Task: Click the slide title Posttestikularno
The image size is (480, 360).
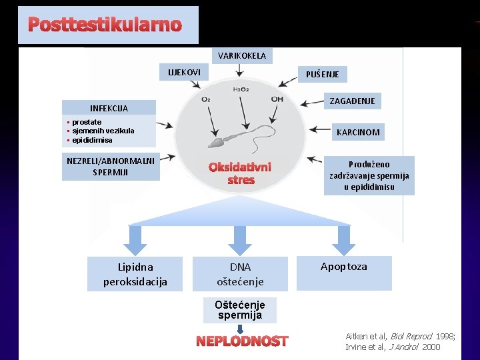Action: click(105, 25)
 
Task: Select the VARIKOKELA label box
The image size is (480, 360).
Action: click(241, 56)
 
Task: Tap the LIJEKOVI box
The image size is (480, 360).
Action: click(183, 71)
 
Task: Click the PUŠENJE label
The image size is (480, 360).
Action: click(322, 75)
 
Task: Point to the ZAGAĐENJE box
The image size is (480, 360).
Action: click(352, 101)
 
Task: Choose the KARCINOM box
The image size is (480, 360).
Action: click(358, 132)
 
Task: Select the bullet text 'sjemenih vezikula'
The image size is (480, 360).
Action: click(103, 131)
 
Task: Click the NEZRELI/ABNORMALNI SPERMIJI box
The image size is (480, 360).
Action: click(111, 166)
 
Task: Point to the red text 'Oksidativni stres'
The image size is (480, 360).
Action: click(240, 173)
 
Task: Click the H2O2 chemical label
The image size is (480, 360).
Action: click(241, 89)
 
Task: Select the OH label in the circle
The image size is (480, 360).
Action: click(277, 99)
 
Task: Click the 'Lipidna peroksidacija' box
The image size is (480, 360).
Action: click(135, 274)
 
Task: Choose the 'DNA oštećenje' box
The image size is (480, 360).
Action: click(240, 274)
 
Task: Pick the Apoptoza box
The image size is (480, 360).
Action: click(344, 267)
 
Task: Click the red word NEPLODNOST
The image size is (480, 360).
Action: click(242, 341)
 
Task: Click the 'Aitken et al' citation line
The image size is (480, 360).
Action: click(400, 335)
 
